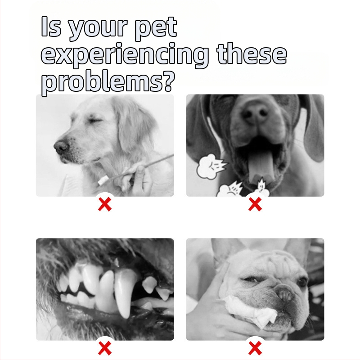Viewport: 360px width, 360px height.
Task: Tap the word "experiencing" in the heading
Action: point(125,55)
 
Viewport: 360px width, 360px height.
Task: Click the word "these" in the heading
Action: point(252,53)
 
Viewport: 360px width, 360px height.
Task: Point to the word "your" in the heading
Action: point(98,29)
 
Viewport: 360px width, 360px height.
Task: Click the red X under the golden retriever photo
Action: point(105,205)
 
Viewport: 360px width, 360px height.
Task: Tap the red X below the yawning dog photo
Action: point(255,205)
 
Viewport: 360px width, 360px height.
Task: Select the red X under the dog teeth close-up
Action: point(105,348)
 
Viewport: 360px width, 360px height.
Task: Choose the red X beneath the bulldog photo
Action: point(255,348)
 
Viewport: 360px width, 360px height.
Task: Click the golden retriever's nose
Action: point(61,147)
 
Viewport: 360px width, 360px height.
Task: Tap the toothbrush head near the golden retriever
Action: point(103,180)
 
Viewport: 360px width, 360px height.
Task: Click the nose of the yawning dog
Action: point(255,113)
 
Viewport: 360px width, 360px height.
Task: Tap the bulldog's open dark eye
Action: point(302,281)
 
